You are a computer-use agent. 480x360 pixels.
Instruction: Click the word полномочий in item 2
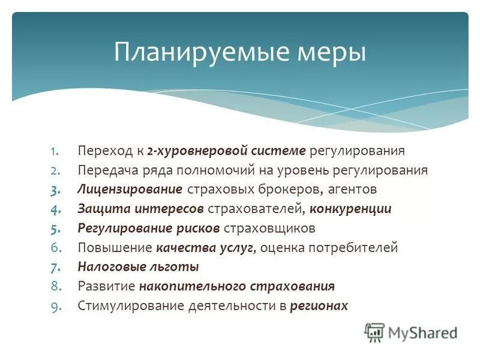[218, 170]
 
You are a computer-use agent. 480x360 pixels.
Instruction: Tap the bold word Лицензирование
[130, 190]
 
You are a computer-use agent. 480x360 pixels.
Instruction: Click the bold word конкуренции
[352, 209]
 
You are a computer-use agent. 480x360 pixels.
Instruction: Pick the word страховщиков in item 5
[269, 229]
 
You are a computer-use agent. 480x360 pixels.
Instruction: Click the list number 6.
[53, 248]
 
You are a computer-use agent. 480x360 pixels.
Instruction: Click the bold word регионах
[319, 306]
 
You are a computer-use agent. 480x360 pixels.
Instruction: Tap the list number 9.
[53, 306]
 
